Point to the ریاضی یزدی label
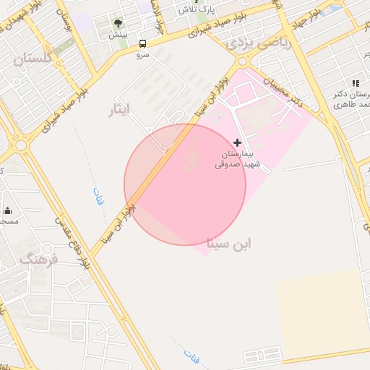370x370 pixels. [x=261, y=42]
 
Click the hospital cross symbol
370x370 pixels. [x=237, y=143]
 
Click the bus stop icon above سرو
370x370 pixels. [x=142, y=43]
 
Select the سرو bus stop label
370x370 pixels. [x=142, y=54]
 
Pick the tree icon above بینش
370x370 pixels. [x=118, y=24]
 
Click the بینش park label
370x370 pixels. [x=118, y=35]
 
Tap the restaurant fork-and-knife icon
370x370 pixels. [x=355, y=83]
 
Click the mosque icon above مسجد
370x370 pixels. [x=8, y=211]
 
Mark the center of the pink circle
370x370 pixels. [x=185, y=185]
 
